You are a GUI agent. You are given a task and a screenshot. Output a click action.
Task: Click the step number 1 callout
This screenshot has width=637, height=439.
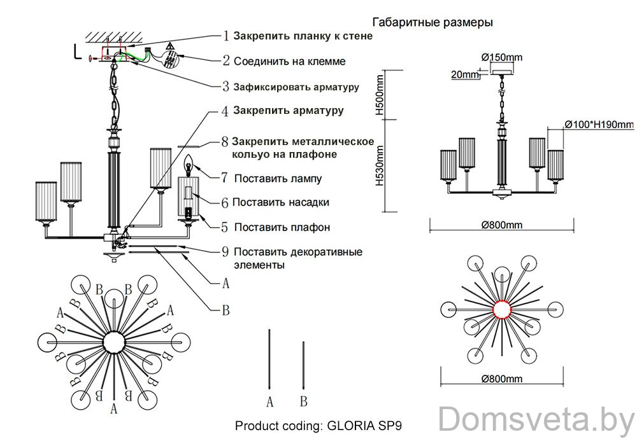225,36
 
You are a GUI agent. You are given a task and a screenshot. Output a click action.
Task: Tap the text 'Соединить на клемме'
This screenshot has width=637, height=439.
290,62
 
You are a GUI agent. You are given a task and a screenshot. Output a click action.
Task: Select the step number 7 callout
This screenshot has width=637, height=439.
224,178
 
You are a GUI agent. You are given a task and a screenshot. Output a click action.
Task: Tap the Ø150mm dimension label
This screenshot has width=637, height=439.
502,57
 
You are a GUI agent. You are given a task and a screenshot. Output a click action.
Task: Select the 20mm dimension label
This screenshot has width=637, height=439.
464,75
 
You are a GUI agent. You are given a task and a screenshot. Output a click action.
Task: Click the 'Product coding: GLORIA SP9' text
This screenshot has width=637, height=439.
320,424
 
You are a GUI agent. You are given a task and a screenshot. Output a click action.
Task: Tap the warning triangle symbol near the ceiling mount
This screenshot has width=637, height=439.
170,47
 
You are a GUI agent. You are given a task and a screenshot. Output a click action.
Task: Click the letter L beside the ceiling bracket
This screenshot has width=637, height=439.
77,52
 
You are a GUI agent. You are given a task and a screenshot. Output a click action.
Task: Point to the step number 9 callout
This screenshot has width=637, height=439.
225,251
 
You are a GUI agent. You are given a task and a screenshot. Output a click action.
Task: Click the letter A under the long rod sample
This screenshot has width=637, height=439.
270,401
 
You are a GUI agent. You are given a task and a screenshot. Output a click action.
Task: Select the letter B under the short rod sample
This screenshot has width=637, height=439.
304,401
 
